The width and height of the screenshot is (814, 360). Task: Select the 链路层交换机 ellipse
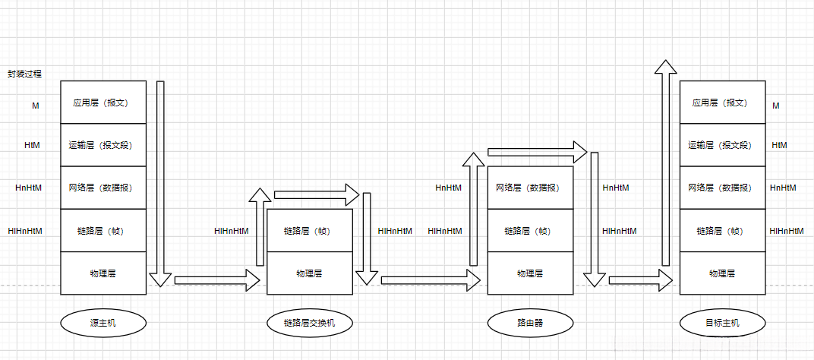pos(309,324)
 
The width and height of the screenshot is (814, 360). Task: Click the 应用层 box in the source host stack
pos(103,103)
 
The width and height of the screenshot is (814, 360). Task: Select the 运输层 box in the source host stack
pos(103,145)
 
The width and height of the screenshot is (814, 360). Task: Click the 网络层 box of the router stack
pos(529,188)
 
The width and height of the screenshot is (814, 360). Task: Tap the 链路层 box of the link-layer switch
pos(309,231)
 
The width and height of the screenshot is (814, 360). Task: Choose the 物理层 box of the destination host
pos(721,273)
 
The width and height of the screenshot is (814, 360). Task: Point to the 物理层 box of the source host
pos(103,273)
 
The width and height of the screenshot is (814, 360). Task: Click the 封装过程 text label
pos(24,74)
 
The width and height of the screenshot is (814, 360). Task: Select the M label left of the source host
pos(35,106)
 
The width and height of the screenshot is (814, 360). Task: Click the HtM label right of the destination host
pos(779,145)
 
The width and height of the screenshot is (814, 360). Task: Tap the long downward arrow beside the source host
pos(160,182)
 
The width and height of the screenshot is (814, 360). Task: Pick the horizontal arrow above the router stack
pos(538,152)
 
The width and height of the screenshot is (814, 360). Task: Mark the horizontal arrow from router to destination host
pos(638,280)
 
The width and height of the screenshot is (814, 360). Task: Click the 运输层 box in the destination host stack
pos(721,145)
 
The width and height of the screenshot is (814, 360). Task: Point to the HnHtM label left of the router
pos(448,188)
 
